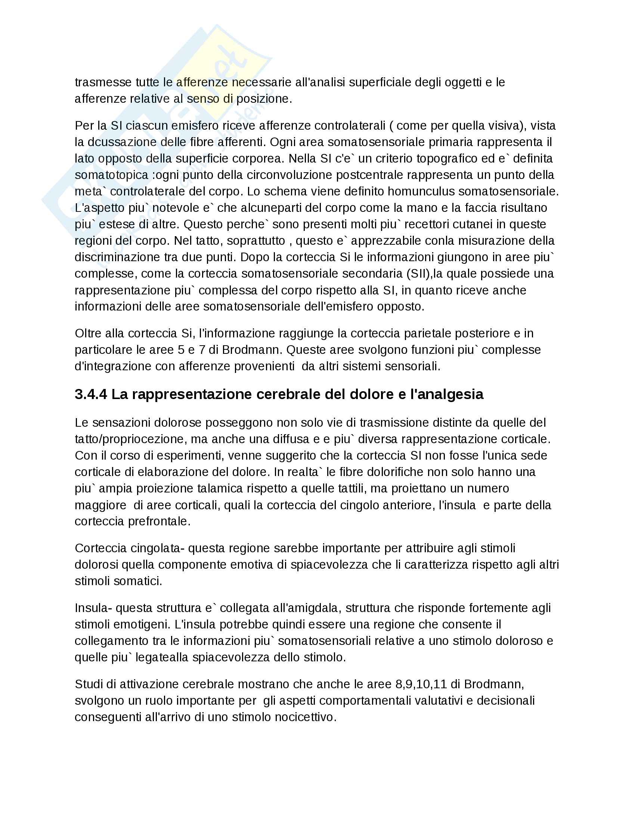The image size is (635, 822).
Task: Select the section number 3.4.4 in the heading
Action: (x=91, y=394)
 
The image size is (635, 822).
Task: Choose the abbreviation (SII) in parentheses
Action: (x=419, y=273)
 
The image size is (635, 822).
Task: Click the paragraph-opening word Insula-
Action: (x=93, y=608)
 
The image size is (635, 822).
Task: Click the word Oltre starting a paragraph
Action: (x=89, y=333)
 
